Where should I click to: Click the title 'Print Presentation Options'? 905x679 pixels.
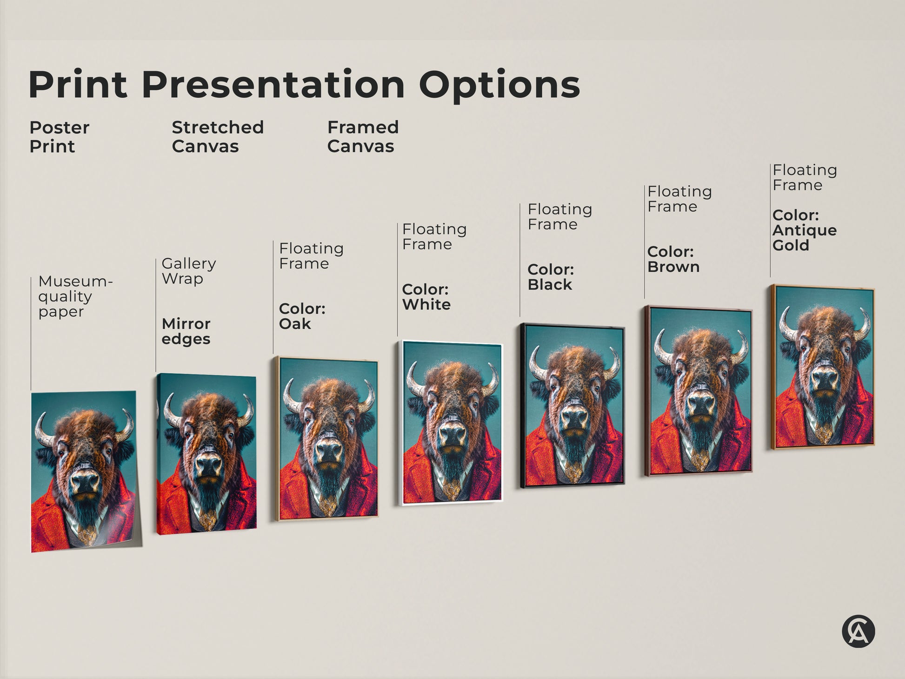(x=304, y=85)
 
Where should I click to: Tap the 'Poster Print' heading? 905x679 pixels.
(x=59, y=137)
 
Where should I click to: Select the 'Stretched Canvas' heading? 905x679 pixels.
(x=218, y=137)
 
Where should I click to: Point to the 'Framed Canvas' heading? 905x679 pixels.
(x=363, y=137)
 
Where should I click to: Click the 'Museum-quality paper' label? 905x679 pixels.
(x=74, y=296)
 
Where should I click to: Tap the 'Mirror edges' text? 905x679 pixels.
(x=186, y=331)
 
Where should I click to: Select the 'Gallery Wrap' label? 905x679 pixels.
(x=188, y=271)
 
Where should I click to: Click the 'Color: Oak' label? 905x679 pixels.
(x=302, y=316)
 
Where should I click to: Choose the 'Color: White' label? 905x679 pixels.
(x=426, y=297)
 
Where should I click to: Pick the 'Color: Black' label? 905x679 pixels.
(x=551, y=277)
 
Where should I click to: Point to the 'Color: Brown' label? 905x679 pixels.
(x=673, y=259)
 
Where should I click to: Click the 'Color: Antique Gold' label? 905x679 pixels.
(x=804, y=230)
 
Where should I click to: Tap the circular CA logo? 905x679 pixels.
(x=858, y=632)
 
